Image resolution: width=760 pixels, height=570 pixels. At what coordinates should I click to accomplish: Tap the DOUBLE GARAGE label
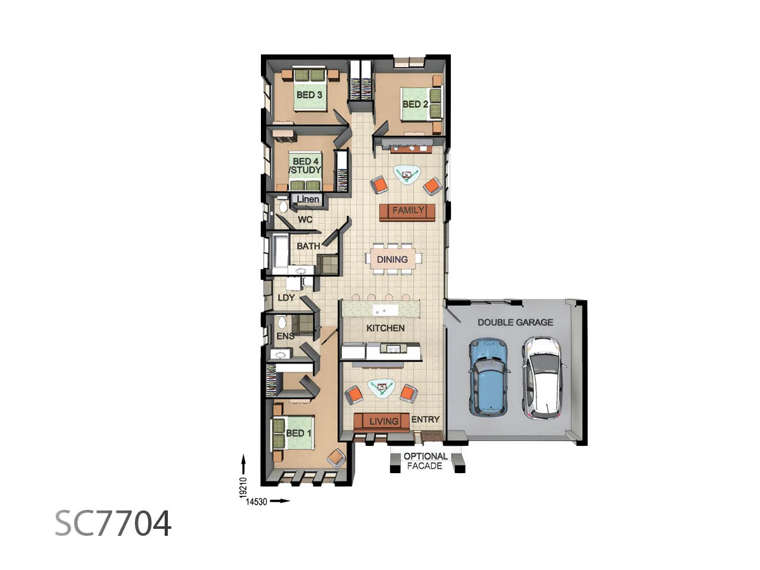click(515, 322)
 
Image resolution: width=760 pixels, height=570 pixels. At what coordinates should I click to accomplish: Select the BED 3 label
click(310, 95)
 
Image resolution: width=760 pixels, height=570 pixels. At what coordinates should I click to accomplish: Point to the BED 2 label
click(416, 104)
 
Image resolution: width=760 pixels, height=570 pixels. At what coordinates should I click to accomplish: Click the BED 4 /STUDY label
click(307, 166)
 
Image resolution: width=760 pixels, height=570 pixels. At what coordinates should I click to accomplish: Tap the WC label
click(305, 220)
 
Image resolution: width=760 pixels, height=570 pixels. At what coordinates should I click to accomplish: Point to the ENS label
click(285, 336)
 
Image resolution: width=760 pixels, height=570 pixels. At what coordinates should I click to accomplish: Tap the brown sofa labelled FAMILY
click(407, 211)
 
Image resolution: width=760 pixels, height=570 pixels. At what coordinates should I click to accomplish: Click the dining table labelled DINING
click(393, 259)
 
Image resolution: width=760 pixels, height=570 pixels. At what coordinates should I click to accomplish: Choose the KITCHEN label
click(385, 328)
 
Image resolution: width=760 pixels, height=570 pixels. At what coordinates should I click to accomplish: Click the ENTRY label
click(425, 419)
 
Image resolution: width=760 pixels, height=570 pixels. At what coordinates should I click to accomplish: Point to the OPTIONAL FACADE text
click(426, 461)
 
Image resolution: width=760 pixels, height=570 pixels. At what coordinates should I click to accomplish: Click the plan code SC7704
click(113, 523)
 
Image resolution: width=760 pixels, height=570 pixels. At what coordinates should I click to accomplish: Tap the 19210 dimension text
click(243, 486)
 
